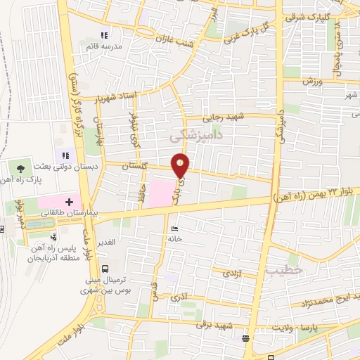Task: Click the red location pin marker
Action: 181,165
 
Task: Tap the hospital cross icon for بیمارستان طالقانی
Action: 70,202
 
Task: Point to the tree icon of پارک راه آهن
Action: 21,169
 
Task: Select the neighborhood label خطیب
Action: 284,269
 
